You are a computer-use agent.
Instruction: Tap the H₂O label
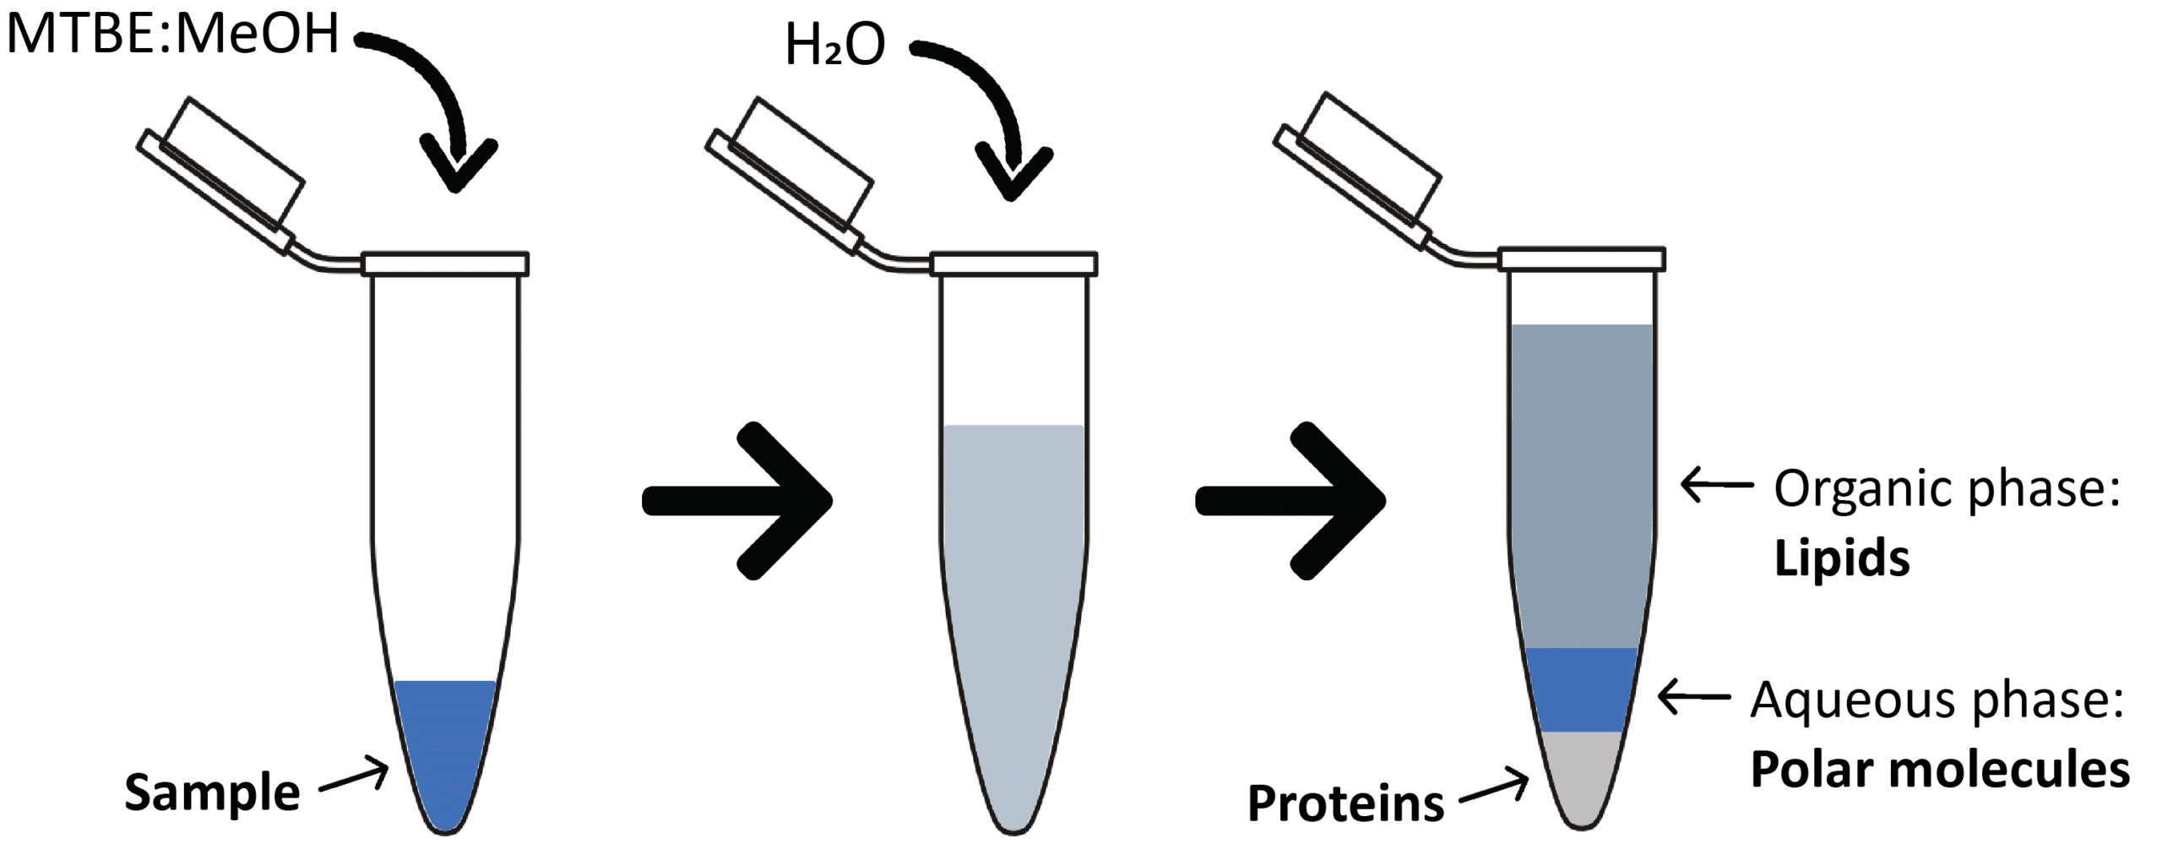(834, 45)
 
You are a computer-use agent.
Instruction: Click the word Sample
(212, 793)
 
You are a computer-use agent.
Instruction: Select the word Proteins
(1345, 803)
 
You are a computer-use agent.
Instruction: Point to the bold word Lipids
(1842, 558)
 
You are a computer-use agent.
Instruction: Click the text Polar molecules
(1940, 770)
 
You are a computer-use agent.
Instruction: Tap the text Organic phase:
(1947, 488)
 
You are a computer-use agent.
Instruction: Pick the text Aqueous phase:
(1937, 700)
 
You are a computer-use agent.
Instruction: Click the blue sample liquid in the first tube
(446, 743)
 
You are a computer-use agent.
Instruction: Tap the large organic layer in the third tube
(1582, 487)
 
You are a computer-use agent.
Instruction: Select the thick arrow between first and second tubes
(737, 500)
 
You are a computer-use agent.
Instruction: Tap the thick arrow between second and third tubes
(1290, 500)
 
